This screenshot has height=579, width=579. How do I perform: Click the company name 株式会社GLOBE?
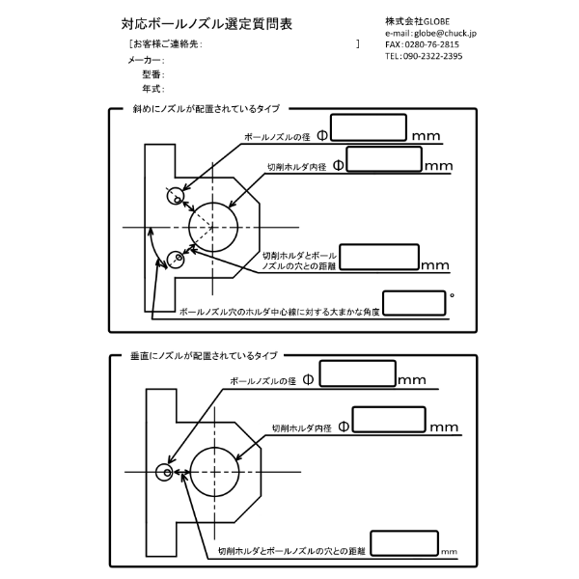tap(416, 20)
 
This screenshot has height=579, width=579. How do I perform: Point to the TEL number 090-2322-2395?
tap(435, 56)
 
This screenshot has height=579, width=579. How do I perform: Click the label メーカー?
tap(145, 60)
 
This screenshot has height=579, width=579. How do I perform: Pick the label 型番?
tap(152, 73)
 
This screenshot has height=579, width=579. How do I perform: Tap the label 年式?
tap(152, 88)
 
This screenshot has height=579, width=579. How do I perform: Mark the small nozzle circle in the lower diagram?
tap(167, 473)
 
